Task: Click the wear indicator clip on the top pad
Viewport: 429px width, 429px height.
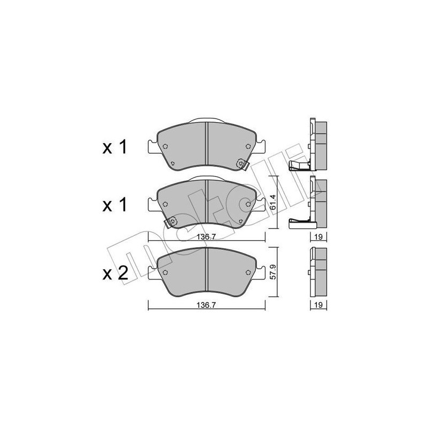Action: (242, 166)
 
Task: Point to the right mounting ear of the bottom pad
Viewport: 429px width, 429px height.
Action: (262, 271)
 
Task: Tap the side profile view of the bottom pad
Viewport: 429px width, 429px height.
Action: (318, 273)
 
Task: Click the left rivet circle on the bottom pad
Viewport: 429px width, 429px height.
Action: (166, 272)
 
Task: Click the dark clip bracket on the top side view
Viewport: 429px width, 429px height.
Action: (298, 165)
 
